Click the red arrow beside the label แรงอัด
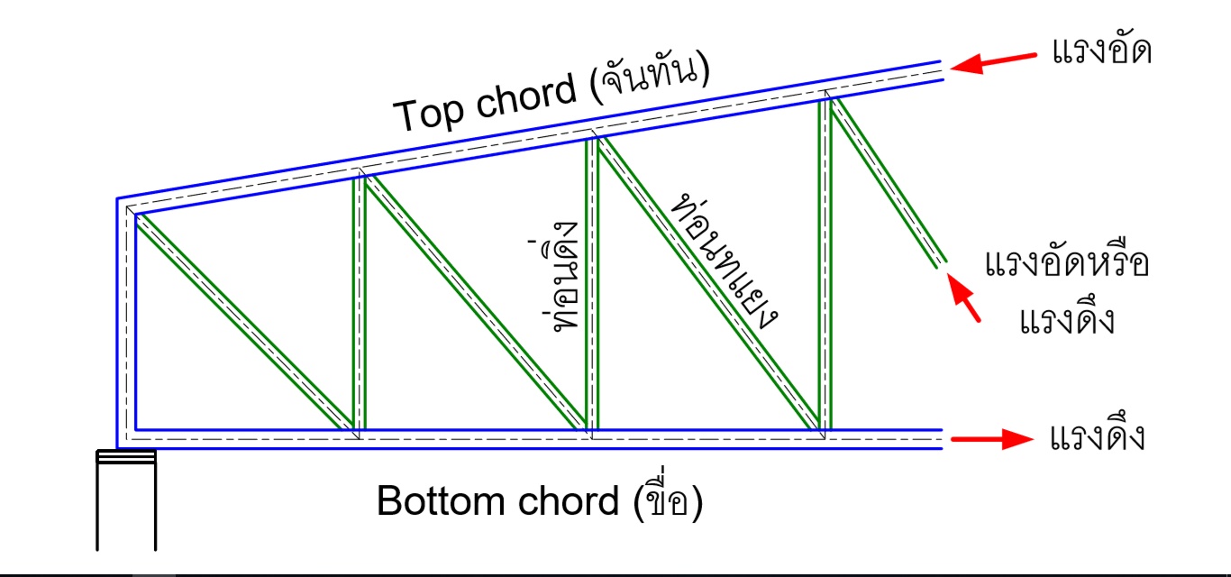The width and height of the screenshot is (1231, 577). click(995, 60)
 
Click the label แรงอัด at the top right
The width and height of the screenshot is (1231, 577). click(1101, 51)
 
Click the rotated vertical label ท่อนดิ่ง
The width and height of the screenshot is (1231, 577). click(567, 287)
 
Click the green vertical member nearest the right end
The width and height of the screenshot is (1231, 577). click(825, 261)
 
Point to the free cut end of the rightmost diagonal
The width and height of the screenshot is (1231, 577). click(940, 261)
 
